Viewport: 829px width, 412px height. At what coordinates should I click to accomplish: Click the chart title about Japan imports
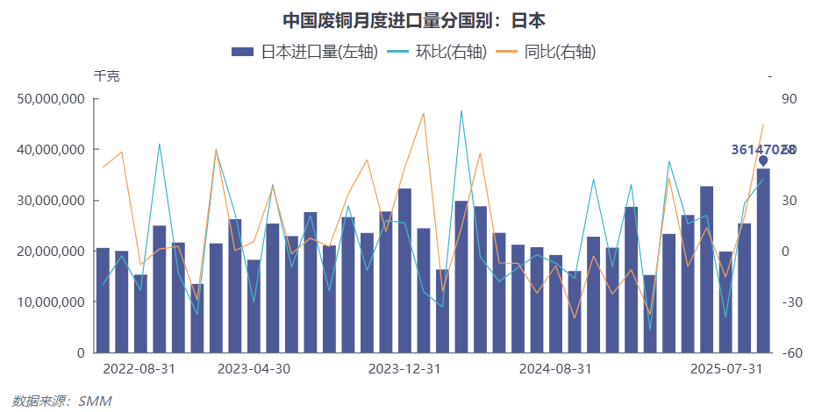pos(414,20)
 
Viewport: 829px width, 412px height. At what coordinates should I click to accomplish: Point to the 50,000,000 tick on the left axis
pos(51,99)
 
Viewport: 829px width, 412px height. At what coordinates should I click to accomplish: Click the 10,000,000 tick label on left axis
pos(51,302)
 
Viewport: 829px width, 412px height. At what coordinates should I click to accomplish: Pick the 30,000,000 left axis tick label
pos(51,201)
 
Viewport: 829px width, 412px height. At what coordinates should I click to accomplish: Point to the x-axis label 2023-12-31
pos(404,369)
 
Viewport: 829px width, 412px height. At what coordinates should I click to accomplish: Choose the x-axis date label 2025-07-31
pos(725,369)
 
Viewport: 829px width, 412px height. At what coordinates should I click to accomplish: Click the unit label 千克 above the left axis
pos(107,76)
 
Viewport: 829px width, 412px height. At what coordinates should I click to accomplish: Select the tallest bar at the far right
pos(763,263)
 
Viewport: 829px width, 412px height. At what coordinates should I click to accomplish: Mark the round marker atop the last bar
pos(763,161)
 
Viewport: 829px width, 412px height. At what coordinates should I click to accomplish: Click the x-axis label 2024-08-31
pos(555,369)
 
